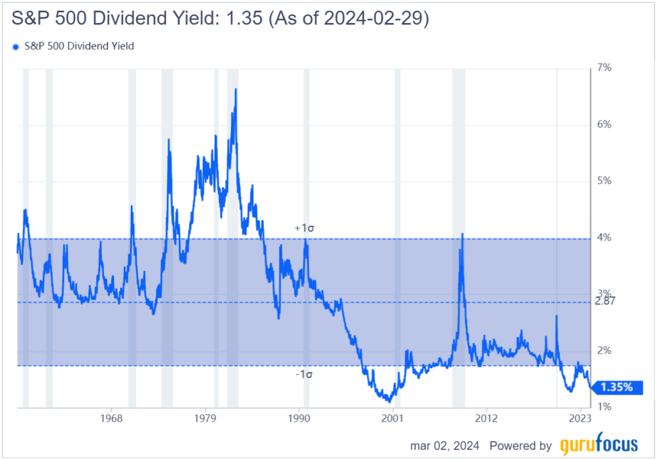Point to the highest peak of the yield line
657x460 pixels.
[x=235, y=89]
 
